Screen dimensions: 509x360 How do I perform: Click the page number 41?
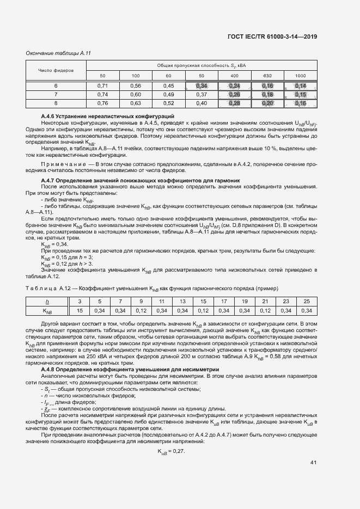coord(313,463)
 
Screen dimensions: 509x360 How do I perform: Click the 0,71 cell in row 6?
coord(103,86)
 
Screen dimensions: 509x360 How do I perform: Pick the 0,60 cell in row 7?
coord(136,94)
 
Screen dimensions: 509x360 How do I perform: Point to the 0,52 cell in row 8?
coord(168,103)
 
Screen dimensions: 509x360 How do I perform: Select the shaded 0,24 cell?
coord(235,86)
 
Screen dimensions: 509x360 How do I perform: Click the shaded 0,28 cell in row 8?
coord(235,103)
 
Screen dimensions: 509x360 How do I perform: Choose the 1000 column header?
coord(300,75)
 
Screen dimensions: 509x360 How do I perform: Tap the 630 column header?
coord(267,75)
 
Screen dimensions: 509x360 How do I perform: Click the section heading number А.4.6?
coord(50,116)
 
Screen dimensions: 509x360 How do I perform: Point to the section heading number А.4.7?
coord(50,180)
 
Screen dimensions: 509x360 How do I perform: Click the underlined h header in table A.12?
coord(47,302)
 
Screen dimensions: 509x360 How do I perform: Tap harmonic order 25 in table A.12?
coord(307,302)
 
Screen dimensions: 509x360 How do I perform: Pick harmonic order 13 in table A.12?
coord(182,302)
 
